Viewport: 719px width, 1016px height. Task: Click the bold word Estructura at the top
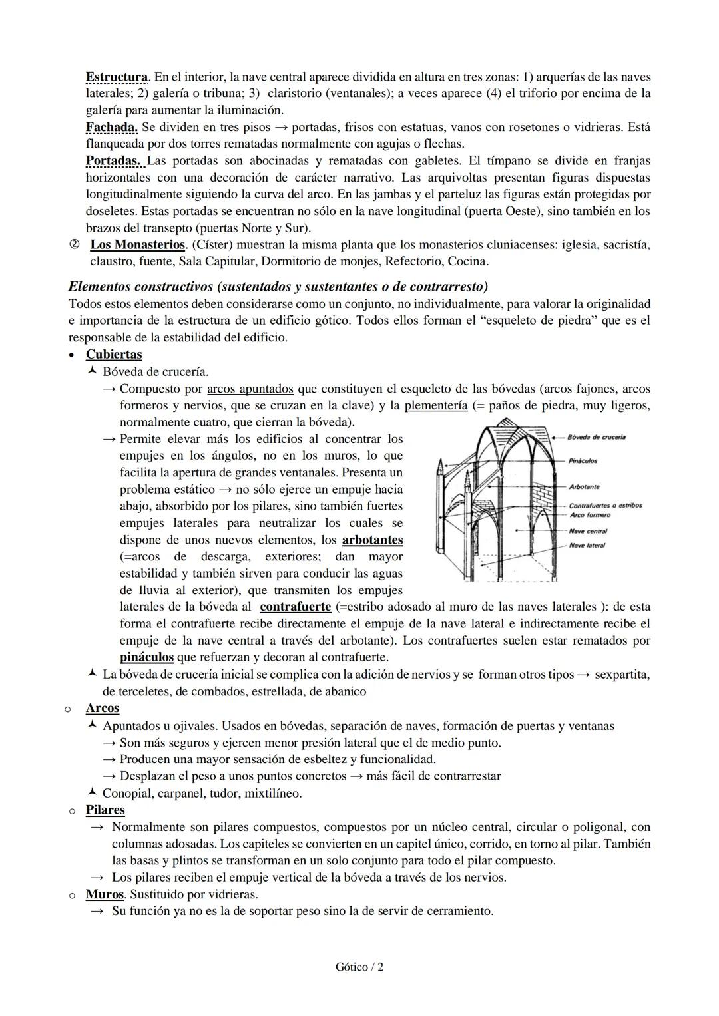(x=117, y=77)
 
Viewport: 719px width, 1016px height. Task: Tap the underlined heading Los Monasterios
(x=137, y=245)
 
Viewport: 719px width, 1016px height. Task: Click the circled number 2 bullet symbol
(x=73, y=245)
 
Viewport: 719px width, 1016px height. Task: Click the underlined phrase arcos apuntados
(x=250, y=389)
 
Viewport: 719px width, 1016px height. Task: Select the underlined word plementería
(x=436, y=405)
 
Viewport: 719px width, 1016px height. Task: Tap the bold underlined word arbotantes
(x=372, y=540)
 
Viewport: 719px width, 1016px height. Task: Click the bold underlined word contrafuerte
(x=295, y=607)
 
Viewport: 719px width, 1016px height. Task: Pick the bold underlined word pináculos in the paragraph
(x=146, y=657)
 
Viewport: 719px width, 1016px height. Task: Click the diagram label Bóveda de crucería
(x=597, y=438)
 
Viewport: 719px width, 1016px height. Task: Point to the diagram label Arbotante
(x=585, y=487)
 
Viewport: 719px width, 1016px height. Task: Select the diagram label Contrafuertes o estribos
(x=605, y=506)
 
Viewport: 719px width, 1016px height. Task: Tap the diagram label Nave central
(x=588, y=531)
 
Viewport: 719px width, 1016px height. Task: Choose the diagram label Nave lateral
(x=587, y=546)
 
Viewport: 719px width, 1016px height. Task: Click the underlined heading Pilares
(x=105, y=810)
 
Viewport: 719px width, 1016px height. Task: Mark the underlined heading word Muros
(x=105, y=894)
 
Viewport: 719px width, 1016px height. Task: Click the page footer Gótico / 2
(x=359, y=967)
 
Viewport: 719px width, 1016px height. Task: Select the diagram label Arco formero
(x=590, y=515)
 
